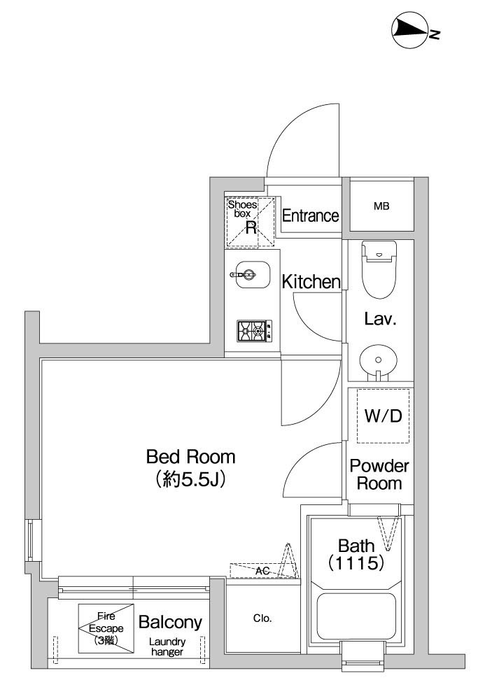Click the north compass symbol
click(x=416, y=29)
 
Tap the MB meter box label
click(x=381, y=206)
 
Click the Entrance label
click(x=310, y=215)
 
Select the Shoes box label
click(x=242, y=208)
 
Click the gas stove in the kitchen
click(x=255, y=331)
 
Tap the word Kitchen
click(x=311, y=282)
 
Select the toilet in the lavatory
click(x=379, y=269)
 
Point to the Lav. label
click(x=381, y=319)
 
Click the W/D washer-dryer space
click(x=383, y=416)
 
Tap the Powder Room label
click(x=379, y=474)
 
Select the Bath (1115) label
click(x=356, y=554)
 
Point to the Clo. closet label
click(x=262, y=618)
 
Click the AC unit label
click(x=262, y=571)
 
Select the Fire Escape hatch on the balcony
click(x=106, y=628)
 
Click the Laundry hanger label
click(x=167, y=646)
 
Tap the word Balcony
click(x=171, y=623)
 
